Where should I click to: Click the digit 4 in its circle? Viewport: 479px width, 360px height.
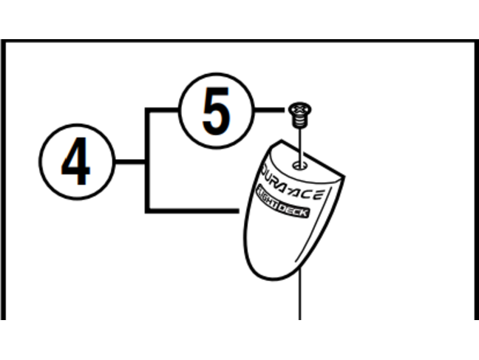point(76,160)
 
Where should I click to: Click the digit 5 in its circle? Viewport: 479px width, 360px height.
point(217,111)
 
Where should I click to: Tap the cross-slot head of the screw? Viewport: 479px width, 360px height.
point(300,109)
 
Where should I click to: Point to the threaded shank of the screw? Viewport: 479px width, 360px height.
point(299,122)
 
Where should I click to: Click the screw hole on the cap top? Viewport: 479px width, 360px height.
point(299,166)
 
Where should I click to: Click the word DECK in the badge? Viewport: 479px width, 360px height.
point(293,210)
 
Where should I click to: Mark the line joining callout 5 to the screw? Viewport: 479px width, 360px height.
point(269,110)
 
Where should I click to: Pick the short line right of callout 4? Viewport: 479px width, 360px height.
point(130,161)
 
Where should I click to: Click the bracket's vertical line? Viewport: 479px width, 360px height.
point(147,160)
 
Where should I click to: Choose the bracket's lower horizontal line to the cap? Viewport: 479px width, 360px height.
point(192,211)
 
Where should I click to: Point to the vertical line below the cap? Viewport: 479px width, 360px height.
point(300,293)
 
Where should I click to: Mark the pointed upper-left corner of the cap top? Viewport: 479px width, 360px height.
point(281,140)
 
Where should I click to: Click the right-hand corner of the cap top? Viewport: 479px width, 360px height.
point(344,177)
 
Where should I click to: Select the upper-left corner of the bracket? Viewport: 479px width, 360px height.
point(147,110)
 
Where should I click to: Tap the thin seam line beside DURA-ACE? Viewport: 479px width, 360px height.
point(314,225)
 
